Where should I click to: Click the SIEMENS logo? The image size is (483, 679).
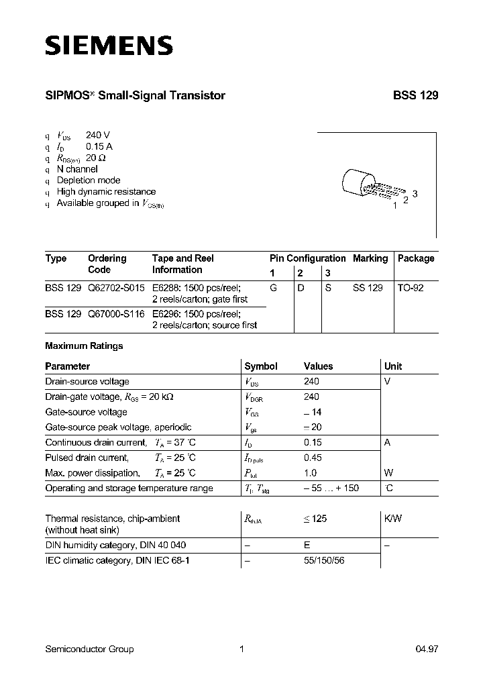coord(109,46)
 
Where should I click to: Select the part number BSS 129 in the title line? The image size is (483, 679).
coord(415,96)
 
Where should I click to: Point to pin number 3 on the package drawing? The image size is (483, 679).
coord(415,194)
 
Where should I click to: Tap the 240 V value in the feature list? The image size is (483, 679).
coord(97,135)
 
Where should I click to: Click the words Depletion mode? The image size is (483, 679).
coord(89,180)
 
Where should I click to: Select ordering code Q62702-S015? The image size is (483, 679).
coord(116,287)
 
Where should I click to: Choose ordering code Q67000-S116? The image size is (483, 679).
coord(116,313)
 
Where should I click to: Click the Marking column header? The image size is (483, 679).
coord(370,258)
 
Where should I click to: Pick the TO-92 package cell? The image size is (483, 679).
coord(411,287)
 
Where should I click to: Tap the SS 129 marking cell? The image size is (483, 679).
coord(368,287)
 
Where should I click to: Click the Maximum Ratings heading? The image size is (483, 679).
coord(84,346)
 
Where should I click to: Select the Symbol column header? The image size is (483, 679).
coord(261,366)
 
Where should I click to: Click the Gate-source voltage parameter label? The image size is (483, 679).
coord(86,412)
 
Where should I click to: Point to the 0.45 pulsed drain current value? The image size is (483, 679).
coord(313,458)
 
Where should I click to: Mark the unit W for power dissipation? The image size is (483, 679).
coord(389,473)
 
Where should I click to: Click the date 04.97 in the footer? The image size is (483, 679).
coord(427,649)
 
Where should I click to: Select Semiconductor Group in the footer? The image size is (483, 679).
coord(89,649)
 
